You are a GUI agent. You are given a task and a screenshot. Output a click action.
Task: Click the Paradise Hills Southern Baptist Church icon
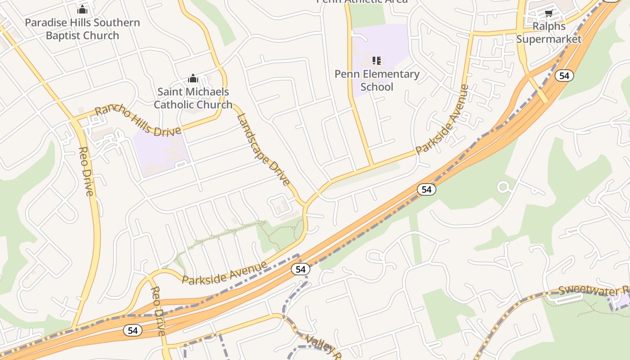(x=82, y=9)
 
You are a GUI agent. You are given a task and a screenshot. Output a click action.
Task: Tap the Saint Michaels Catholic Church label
(x=193, y=98)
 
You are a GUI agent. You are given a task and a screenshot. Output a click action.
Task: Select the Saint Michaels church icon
(x=193, y=79)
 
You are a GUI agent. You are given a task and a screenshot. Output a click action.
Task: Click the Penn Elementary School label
(x=377, y=80)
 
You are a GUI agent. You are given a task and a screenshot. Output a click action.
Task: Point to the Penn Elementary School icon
(x=377, y=60)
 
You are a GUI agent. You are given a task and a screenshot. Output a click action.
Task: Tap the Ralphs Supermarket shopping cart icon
(x=549, y=13)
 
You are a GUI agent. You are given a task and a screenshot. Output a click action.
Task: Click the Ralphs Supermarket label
(x=549, y=32)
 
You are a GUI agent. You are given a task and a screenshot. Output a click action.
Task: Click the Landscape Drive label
(x=263, y=149)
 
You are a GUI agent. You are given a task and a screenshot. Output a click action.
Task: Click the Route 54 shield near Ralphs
(x=564, y=76)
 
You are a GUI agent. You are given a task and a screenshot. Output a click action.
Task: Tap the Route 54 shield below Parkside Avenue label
(x=300, y=269)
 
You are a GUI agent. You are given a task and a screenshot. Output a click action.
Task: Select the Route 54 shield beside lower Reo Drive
(x=132, y=330)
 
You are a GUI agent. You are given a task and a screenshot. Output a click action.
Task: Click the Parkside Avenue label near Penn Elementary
(x=442, y=119)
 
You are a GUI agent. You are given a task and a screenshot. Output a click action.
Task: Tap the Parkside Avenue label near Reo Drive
(x=225, y=273)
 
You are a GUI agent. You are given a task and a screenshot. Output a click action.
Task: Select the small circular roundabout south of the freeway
(x=503, y=187)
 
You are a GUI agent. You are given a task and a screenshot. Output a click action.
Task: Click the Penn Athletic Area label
(x=362, y=1)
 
